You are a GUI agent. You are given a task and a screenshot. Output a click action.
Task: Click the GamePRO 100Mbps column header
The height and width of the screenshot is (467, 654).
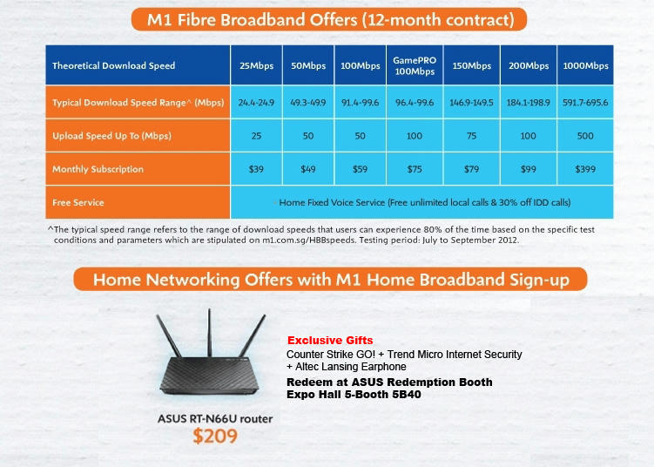pyautogui.click(x=414, y=65)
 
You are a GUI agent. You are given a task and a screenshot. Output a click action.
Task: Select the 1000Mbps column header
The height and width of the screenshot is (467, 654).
pyautogui.click(x=585, y=66)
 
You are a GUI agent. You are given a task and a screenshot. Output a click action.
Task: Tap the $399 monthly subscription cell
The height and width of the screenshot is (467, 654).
pyautogui.click(x=585, y=169)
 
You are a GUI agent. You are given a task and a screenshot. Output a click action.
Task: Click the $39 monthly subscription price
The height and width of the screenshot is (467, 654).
pyautogui.click(x=256, y=169)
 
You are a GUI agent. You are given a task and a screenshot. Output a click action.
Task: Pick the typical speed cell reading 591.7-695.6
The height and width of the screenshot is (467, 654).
pyautogui.click(x=585, y=103)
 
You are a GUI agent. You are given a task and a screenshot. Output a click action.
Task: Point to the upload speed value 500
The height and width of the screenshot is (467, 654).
pyautogui.click(x=585, y=136)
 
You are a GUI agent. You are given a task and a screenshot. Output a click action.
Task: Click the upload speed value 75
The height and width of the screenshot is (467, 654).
pyautogui.click(x=471, y=136)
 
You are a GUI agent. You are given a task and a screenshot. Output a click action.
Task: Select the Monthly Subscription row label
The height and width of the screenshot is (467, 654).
pyautogui.click(x=98, y=169)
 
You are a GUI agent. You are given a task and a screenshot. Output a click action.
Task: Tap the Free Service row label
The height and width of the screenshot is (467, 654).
pyautogui.click(x=78, y=202)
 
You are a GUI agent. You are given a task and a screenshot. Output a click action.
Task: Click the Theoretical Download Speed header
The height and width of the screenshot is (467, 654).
pyautogui.click(x=113, y=65)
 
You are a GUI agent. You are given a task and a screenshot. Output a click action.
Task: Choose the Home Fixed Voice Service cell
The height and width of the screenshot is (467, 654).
pyautogui.click(x=424, y=202)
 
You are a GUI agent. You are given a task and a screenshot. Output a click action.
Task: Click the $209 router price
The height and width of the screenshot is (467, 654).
pyautogui.click(x=215, y=437)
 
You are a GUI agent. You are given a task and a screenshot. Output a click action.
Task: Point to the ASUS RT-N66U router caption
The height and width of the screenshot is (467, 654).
pyautogui.click(x=215, y=419)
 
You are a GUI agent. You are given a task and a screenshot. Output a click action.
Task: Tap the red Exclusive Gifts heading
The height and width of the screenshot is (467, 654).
pyautogui.click(x=330, y=341)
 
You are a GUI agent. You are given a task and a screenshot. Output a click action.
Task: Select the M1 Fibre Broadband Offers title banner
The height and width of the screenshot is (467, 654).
pyautogui.click(x=328, y=18)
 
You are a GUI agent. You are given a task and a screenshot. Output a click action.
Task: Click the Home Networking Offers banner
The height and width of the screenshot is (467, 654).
pyautogui.click(x=329, y=280)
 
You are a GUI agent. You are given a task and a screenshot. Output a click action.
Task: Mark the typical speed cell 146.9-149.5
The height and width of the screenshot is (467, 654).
pyautogui.click(x=471, y=103)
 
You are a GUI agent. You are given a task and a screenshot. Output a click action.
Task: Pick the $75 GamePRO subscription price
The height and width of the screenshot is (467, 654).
pyautogui.click(x=414, y=169)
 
